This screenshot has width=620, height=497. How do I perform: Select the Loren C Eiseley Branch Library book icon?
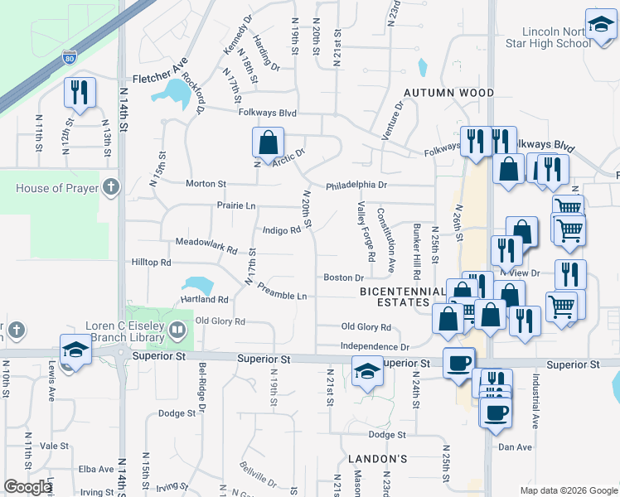177,331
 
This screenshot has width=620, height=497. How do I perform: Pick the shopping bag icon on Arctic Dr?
269,142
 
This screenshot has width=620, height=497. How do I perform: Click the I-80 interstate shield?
69,58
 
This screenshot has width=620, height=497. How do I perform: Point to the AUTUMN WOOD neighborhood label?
448,93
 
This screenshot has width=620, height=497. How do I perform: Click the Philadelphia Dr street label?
356,186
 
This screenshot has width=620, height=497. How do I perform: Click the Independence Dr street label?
375,347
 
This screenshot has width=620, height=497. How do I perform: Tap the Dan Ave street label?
515,446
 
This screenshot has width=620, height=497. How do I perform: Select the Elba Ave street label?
95,469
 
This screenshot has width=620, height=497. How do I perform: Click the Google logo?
28,488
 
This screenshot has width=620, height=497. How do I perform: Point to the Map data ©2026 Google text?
568,490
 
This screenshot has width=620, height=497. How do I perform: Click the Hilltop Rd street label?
151,262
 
